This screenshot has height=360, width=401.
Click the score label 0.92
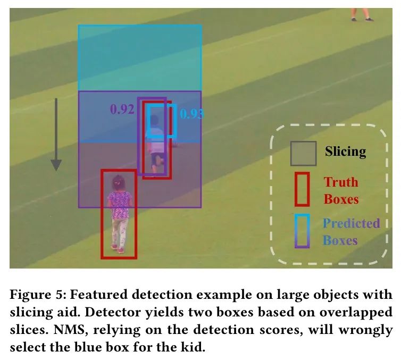(122, 110)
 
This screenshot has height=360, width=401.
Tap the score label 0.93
(191, 114)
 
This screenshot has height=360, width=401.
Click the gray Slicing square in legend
(304, 153)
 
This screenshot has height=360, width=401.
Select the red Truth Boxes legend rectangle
(303, 189)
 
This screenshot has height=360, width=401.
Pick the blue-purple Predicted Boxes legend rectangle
(303, 231)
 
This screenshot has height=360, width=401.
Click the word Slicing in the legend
(346, 152)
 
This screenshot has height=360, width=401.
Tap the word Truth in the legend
(341, 182)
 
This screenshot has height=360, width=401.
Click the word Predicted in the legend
(351, 223)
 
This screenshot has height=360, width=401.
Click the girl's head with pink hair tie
(117, 183)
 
